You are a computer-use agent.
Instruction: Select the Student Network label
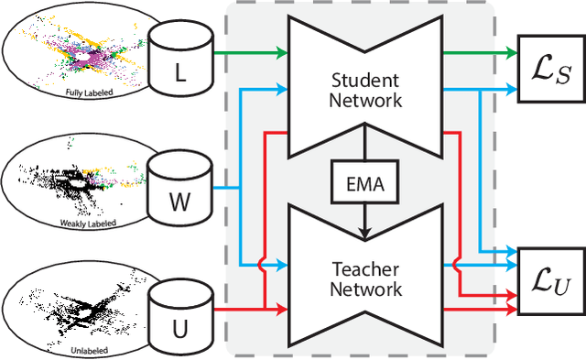point(365,89)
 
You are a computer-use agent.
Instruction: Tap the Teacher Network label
point(365,278)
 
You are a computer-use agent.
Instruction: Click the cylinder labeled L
point(180,56)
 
